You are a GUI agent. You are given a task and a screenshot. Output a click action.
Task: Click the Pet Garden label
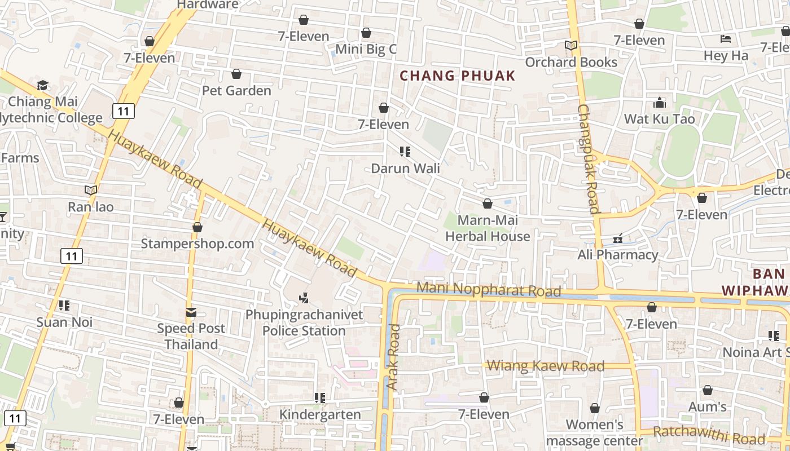[x=236, y=90]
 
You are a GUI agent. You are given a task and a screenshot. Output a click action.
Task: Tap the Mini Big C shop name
[x=366, y=49]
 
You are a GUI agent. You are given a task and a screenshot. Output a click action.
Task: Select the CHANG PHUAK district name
[x=458, y=76]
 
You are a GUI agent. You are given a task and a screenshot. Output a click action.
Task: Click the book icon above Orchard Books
[x=571, y=45]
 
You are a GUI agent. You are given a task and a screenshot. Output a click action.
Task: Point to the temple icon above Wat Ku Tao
[x=659, y=103]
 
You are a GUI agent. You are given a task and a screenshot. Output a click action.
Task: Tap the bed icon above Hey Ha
[x=726, y=39]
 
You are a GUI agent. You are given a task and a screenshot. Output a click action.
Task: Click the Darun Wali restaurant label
[x=405, y=168]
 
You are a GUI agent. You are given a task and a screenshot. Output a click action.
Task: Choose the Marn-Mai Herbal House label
[x=488, y=228]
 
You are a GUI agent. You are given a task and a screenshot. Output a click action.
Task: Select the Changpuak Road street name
[x=588, y=159]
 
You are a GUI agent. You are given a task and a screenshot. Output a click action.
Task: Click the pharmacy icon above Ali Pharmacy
[x=618, y=238]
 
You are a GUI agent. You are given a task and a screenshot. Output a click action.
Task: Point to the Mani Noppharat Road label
[x=489, y=289]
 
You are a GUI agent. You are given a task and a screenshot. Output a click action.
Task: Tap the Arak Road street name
[x=393, y=357]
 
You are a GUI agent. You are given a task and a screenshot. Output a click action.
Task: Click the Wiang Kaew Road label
[x=545, y=366]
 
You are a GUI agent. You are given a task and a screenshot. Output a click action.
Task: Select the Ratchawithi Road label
[x=709, y=435]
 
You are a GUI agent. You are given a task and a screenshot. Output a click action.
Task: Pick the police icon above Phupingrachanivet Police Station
[x=304, y=297]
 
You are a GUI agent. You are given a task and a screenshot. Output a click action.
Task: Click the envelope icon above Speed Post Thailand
[x=191, y=312]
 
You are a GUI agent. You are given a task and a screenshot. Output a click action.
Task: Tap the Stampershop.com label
[x=197, y=244]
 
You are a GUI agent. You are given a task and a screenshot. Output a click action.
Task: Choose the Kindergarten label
[x=320, y=415]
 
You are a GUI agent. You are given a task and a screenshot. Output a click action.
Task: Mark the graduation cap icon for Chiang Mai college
[x=42, y=86]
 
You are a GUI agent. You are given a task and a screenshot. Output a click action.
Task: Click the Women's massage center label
[x=594, y=432]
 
